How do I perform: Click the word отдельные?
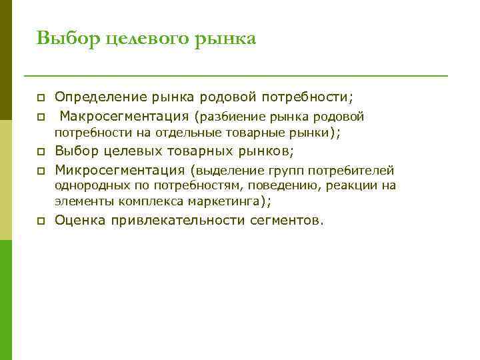183,133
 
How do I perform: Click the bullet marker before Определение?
41,98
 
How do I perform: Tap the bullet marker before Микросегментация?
41,170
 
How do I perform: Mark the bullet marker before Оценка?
41,221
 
